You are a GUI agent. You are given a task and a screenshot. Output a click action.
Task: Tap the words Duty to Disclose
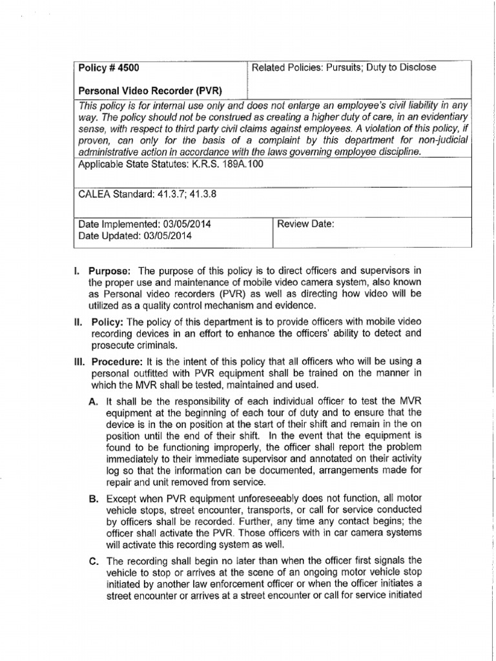(x=403, y=67)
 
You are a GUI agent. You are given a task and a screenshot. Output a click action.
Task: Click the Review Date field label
(x=305, y=224)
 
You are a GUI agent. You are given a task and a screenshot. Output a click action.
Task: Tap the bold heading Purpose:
(x=110, y=270)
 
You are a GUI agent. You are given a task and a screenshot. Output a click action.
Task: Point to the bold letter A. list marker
(x=92, y=402)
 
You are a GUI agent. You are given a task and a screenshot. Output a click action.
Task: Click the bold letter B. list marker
(x=92, y=498)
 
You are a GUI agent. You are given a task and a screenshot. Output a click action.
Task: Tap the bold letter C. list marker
(x=92, y=560)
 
